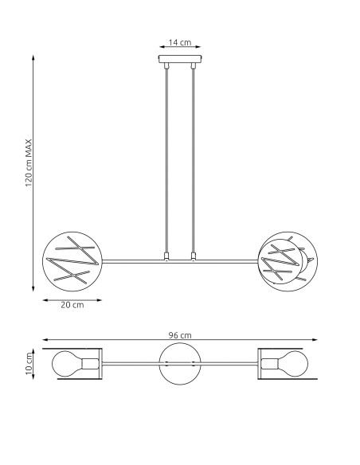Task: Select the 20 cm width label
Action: (72, 306)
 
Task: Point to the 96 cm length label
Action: (179, 336)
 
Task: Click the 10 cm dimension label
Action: (29, 365)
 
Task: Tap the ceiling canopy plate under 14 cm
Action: (179, 60)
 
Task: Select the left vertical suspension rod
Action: (166, 159)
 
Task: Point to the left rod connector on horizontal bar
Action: (166, 257)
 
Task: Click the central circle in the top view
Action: (179, 365)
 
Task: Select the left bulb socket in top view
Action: (89, 365)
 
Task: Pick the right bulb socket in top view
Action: (268, 365)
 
